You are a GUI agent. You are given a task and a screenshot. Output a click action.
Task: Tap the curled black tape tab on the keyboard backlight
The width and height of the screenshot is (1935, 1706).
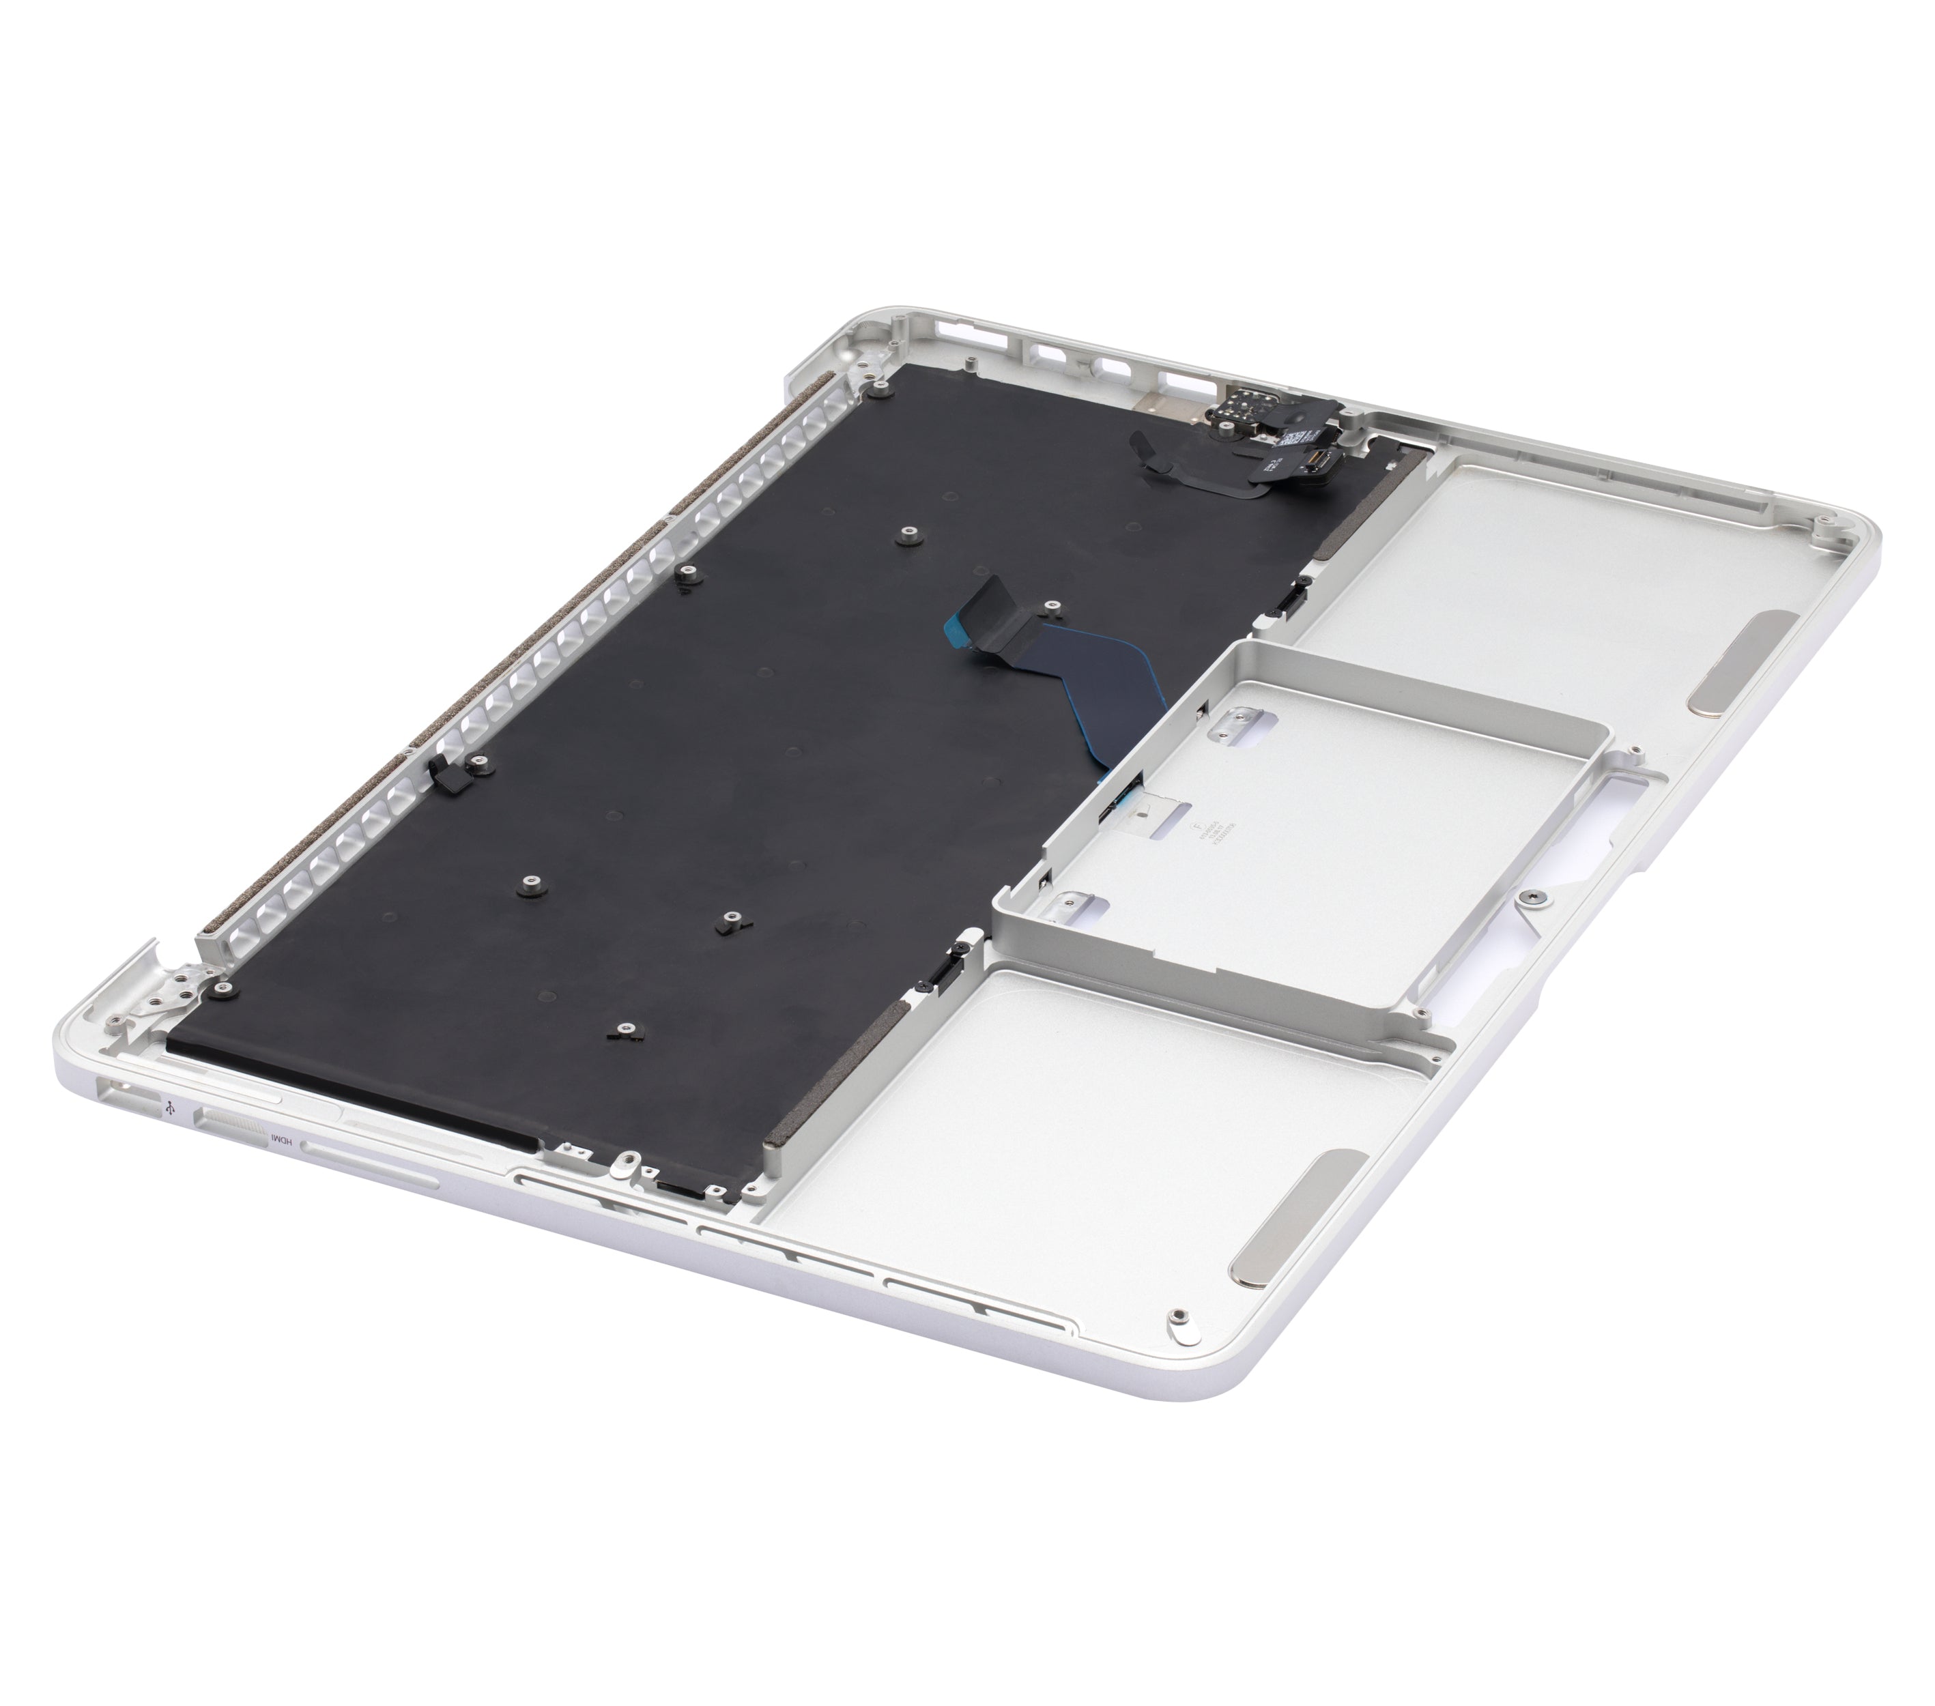point(1150,452)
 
